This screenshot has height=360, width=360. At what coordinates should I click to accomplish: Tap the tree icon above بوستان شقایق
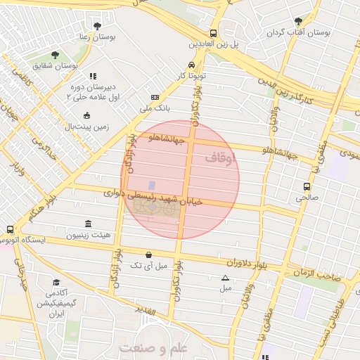click(55, 55)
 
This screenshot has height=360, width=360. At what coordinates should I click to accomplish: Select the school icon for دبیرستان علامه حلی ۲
click(92, 76)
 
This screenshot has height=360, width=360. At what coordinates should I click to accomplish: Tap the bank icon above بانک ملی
click(155, 98)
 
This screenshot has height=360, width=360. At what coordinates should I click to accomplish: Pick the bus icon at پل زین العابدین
click(213, 33)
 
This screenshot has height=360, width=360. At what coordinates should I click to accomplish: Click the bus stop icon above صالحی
click(307, 186)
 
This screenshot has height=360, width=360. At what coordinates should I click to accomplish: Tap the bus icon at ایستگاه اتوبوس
click(9, 229)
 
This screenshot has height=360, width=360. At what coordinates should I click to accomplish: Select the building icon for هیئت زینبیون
click(87, 224)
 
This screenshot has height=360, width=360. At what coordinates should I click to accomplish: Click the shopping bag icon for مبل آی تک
click(148, 255)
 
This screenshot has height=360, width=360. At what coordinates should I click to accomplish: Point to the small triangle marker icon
click(225, 278)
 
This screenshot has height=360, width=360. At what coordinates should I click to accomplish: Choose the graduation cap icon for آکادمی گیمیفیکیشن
click(54, 282)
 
